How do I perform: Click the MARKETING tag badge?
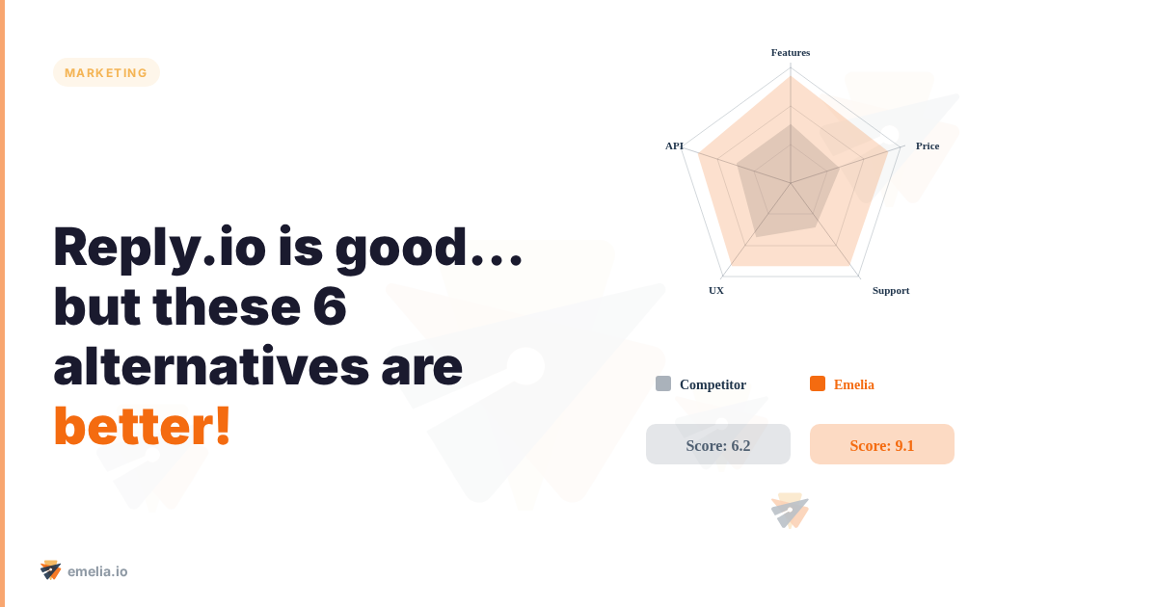point(106,72)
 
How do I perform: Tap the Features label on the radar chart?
point(791,52)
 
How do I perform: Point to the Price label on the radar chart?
point(928,145)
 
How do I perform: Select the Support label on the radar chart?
point(891,290)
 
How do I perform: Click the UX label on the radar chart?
point(716,290)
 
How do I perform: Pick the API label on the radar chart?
point(674,145)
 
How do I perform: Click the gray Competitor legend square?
point(663,383)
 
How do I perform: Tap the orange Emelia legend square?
point(818,383)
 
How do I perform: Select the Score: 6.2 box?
point(718,445)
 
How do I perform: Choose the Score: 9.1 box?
point(882,445)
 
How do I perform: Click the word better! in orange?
point(143,427)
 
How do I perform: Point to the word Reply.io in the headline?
point(157,248)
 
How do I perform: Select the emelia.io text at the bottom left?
point(97,571)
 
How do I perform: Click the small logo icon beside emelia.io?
point(51,570)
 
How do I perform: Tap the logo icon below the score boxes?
point(790,511)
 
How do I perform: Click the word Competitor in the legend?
point(713,384)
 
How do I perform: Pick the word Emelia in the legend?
point(854,384)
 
